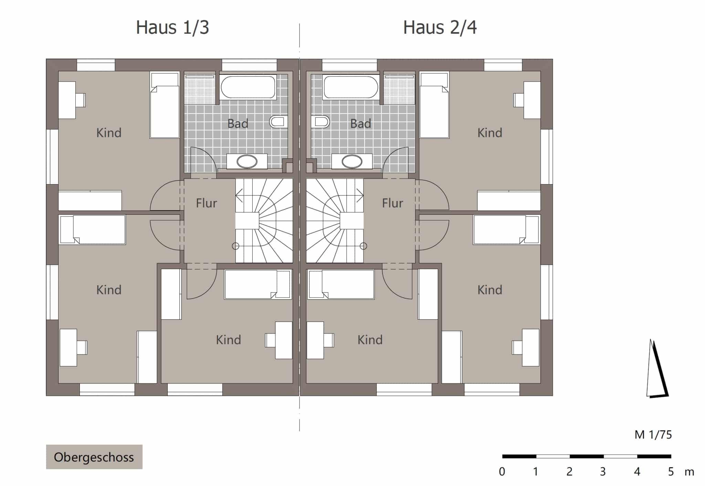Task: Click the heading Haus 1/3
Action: (172, 27)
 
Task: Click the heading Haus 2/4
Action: (440, 27)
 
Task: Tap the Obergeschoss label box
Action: (94, 457)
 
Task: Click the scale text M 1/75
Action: (653, 435)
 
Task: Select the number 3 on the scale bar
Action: (603, 472)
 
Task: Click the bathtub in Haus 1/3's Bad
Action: (248, 87)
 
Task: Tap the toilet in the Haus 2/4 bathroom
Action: (320, 122)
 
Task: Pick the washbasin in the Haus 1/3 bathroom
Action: (247, 161)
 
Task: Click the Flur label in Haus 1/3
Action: (206, 203)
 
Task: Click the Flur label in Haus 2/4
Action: (392, 203)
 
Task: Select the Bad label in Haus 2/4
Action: (360, 124)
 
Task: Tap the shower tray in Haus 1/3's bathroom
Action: (200, 89)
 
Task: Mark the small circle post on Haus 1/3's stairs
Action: (235, 246)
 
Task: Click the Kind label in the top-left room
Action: (109, 133)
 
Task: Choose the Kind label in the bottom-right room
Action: (490, 290)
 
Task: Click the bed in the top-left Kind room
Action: (165, 105)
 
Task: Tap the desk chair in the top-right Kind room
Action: (518, 100)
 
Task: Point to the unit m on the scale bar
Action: (689, 472)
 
